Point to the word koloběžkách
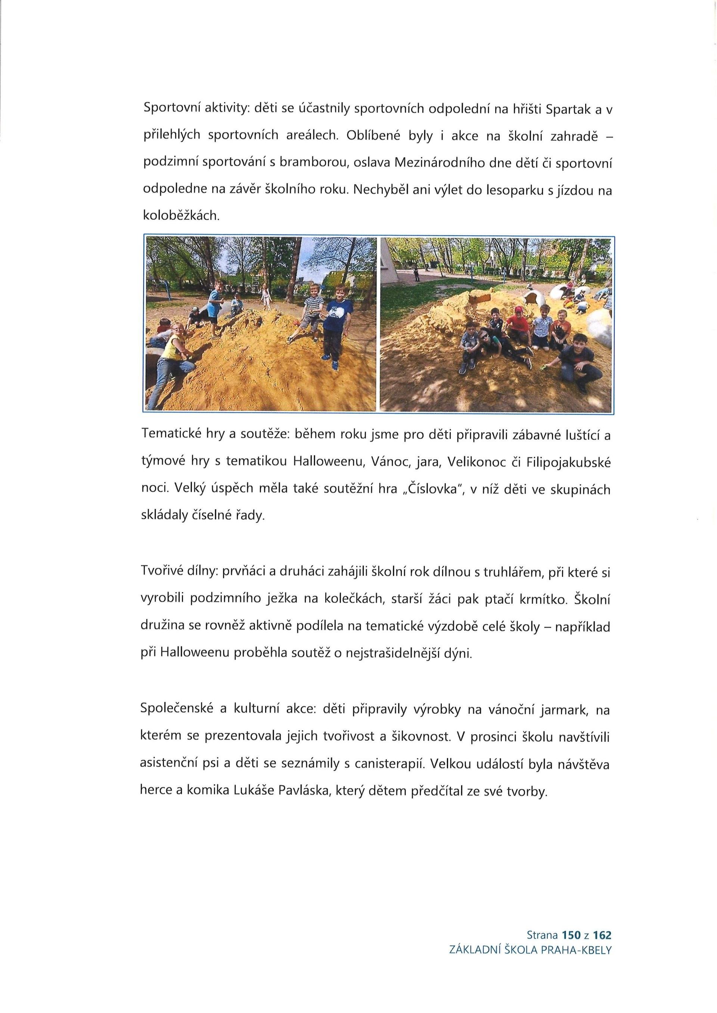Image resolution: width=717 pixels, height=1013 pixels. (x=181, y=216)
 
